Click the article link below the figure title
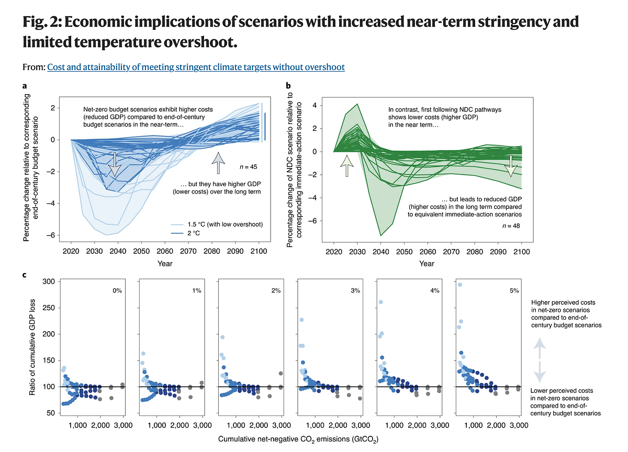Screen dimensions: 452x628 click(196, 67)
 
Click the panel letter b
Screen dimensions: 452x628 click(288, 85)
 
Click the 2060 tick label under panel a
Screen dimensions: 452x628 click(165, 251)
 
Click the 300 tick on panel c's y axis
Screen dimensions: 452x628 click(49, 281)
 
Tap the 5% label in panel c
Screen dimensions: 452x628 click(513, 290)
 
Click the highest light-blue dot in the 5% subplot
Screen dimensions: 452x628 click(459, 285)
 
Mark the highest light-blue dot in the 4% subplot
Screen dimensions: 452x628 click(381, 302)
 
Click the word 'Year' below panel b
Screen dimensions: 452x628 click(427, 263)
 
